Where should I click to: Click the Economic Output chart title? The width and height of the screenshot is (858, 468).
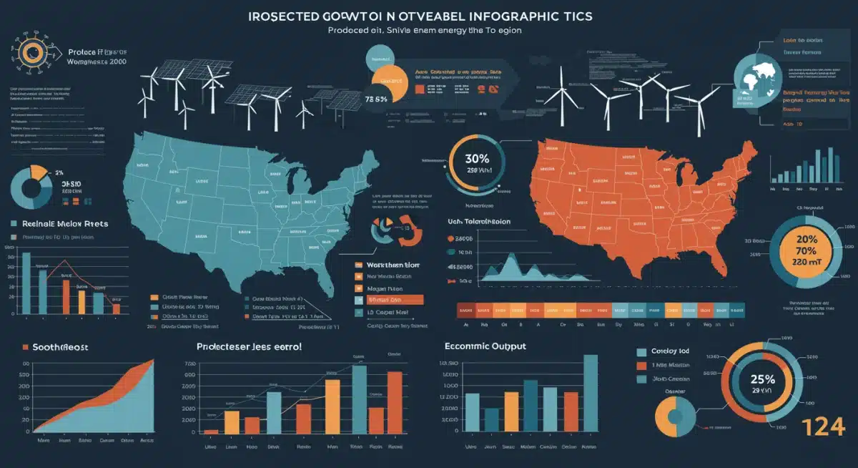485,346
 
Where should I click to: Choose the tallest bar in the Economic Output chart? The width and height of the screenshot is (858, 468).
590,393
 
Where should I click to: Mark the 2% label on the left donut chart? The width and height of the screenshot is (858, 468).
38,172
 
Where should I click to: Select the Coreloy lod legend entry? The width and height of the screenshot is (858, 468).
670,352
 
